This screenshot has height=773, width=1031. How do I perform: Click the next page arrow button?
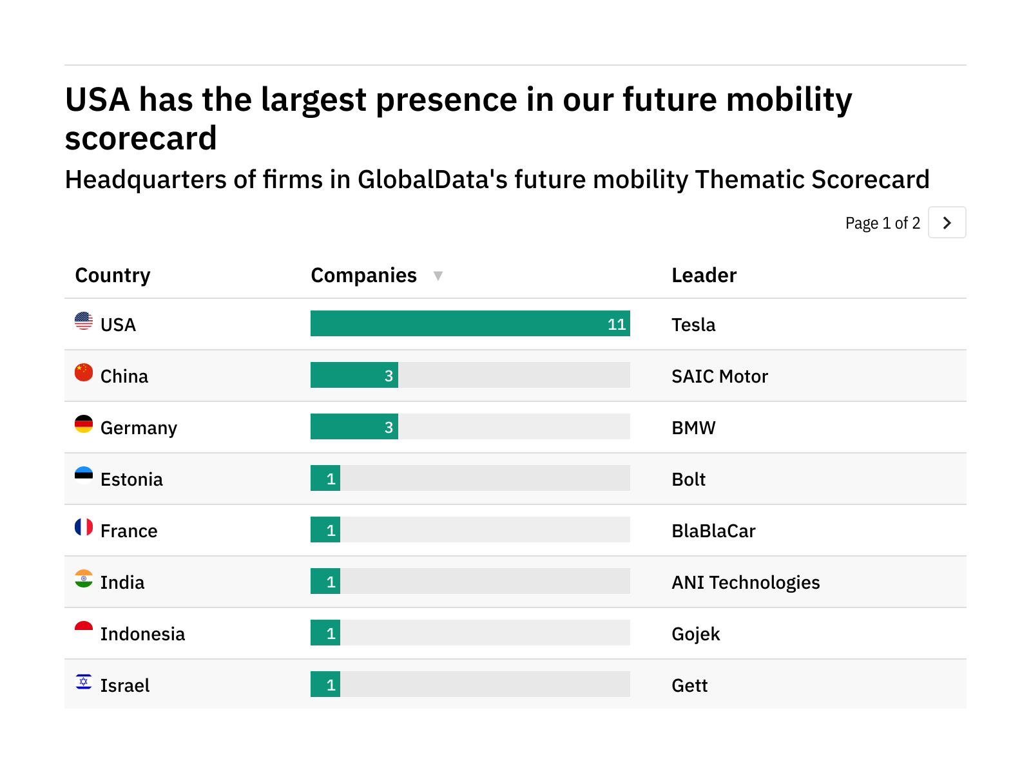tap(947, 223)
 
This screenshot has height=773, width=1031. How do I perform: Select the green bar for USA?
tap(470, 323)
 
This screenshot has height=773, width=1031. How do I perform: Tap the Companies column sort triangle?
tap(438, 276)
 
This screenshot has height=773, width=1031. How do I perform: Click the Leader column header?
tap(704, 276)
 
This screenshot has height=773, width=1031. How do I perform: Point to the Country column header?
tap(113, 276)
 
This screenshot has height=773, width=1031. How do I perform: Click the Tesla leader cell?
tap(693, 325)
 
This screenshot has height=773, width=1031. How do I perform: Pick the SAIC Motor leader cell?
tap(720, 376)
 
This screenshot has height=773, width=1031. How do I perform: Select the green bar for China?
tap(354, 375)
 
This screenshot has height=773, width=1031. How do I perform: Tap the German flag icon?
tap(84, 424)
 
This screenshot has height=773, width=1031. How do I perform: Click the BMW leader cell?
tap(693, 428)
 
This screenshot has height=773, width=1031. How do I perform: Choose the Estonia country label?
tap(131, 479)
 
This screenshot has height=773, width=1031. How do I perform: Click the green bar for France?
tap(325, 530)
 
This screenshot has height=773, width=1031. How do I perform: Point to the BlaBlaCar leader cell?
tap(713, 531)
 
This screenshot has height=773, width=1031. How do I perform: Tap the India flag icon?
tap(84, 578)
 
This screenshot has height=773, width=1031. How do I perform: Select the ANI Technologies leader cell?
tap(746, 582)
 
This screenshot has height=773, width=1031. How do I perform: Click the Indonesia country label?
tap(142, 634)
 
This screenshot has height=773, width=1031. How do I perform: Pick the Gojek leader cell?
tap(695, 634)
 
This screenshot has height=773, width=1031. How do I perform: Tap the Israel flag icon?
tap(84, 682)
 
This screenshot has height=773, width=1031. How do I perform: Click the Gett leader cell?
tap(689, 685)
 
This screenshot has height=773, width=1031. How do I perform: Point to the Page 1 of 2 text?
tap(882, 223)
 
